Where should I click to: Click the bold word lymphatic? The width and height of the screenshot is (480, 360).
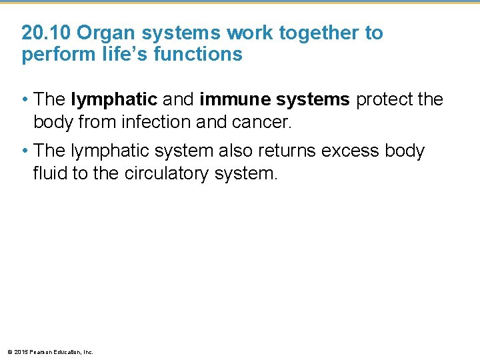click(x=113, y=100)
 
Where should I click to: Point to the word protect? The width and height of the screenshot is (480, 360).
click(x=382, y=100)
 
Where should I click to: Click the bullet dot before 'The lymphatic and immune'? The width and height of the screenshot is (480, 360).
click(x=25, y=100)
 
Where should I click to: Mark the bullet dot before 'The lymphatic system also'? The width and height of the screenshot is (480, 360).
click(x=25, y=151)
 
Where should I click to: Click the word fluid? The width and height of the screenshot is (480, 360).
click(x=51, y=173)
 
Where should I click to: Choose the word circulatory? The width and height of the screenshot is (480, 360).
click(x=169, y=173)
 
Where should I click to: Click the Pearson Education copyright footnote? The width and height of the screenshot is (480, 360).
click(x=50, y=352)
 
